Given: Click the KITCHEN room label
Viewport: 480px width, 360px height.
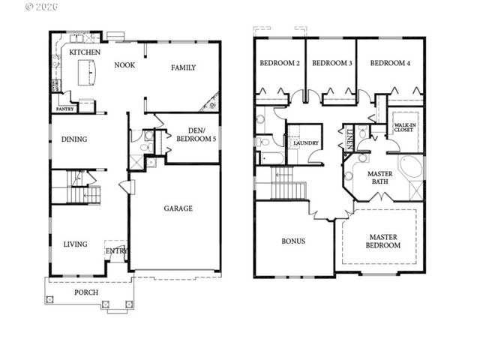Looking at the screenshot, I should click(x=85, y=52).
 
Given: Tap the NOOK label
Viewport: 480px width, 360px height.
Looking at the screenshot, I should click(x=124, y=65).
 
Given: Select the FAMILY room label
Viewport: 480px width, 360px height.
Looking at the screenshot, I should click(x=183, y=67).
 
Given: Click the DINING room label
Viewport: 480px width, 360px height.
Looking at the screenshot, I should click(x=74, y=139).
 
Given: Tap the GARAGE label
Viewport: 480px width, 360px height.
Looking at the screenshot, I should click(x=178, y=208).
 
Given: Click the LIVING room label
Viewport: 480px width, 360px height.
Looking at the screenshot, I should click(x=75, y=244).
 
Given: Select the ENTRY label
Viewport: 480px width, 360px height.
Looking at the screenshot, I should click(x=116, y=250).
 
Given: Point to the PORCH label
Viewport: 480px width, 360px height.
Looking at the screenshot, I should click(x=85, y=292).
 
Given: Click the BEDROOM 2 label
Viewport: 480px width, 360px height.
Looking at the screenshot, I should click(x=280, y=63).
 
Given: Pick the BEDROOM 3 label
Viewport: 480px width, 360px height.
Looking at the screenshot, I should click(x=332, y=63).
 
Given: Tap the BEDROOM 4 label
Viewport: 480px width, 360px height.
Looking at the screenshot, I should click(x=390, y=63).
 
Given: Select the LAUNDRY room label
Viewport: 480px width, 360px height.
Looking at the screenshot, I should click(x=305, y=142).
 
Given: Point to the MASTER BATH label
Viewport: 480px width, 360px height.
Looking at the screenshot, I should click(x=379, y=178).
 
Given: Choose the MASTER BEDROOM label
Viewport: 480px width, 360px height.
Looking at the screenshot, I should click(x=382, y=241).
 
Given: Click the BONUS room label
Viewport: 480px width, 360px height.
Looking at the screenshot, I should click(x=292, y=241).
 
